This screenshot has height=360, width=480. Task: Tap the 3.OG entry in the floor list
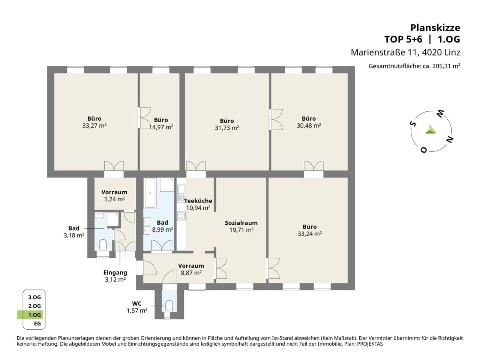tap(34, 297)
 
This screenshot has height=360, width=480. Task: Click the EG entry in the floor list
tap(37, 324)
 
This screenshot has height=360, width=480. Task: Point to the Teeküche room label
tap(198, 201)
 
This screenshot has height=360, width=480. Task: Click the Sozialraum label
tap(241, 223)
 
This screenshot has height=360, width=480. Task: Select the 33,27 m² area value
tap(94, 126)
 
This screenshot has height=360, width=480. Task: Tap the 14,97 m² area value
tap(161, 127)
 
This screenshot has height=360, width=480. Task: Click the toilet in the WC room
tap(169, 305)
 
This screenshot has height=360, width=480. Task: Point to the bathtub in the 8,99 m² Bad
tap(150, 193)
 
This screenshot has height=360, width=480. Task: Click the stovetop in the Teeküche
tap(181, 216)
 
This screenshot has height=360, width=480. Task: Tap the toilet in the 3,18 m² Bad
tap(103, 244)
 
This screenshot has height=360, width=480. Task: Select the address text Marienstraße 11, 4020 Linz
tap(405, 52)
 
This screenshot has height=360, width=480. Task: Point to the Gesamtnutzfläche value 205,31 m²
tap(446, 66)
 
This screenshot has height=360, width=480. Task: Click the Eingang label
tap(115, 273)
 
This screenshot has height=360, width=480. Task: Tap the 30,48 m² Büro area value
tap(309, 126)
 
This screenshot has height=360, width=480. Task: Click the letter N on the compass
tap(450, 139)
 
